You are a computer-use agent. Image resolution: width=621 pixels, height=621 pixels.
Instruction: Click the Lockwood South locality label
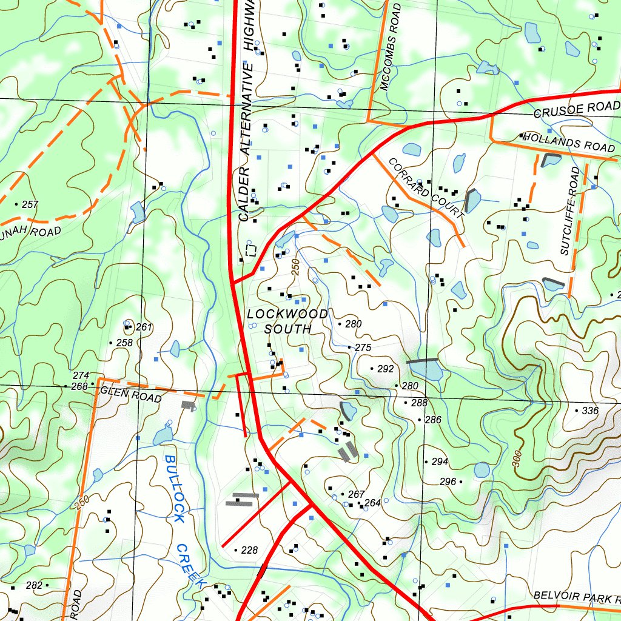[287, 321]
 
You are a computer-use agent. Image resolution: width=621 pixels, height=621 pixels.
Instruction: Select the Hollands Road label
[568, 142]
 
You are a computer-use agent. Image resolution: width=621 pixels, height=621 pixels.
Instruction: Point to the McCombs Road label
[391, 47]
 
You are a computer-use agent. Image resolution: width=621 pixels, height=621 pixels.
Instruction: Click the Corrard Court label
[426, 188]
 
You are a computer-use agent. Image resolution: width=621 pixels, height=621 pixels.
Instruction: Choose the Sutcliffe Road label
[570, 211]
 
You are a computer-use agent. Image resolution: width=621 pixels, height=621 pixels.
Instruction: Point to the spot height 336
[589, 411]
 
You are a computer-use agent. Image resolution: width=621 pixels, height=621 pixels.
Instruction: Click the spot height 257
[30, 204]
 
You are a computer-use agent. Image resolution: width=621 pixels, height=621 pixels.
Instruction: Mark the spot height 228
[249, 551]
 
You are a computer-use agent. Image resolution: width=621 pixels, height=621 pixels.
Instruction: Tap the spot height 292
[385, 369]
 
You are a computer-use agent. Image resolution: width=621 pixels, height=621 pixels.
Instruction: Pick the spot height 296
[448, 482]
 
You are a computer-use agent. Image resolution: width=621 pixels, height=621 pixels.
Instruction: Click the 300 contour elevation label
[517, 458]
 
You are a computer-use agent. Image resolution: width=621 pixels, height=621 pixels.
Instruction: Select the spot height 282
[35, 585]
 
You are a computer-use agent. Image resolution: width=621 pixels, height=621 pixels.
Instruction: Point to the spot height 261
[144, 327]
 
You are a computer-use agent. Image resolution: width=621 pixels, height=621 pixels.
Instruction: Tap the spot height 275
[362, 347]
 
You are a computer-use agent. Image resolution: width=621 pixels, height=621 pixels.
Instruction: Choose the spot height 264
[372, 503]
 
